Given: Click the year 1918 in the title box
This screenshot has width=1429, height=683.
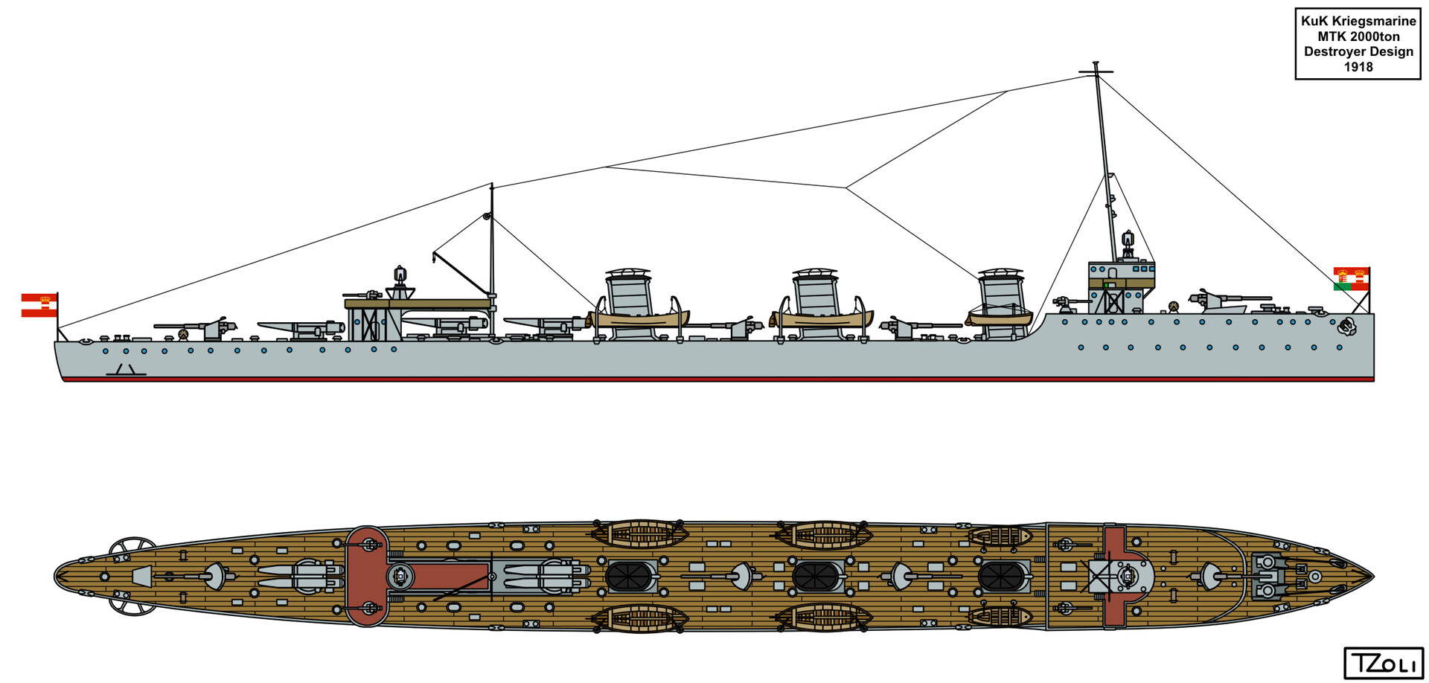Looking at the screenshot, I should [1358, 67].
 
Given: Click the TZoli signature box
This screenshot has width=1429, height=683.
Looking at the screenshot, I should [1383, 663].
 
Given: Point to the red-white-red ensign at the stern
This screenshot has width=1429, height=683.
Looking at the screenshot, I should [39, 305].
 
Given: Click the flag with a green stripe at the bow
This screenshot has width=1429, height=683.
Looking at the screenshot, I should [1350, 278].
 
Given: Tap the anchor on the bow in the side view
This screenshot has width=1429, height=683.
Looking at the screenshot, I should [1346, 325].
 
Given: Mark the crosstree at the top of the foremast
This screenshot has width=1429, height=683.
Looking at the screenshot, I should [1096, 72].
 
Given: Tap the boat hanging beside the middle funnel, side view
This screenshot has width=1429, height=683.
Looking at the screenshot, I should [822, 319].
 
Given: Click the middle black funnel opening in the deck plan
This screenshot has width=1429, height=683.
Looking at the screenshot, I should [816, 577].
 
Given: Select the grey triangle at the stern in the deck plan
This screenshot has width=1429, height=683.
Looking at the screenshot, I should [141, 576].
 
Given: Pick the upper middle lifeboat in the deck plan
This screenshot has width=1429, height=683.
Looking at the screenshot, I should [823, 534].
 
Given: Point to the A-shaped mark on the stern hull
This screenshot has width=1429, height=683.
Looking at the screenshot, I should [125, 370].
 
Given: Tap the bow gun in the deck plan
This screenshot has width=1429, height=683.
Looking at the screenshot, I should [1210, 575].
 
